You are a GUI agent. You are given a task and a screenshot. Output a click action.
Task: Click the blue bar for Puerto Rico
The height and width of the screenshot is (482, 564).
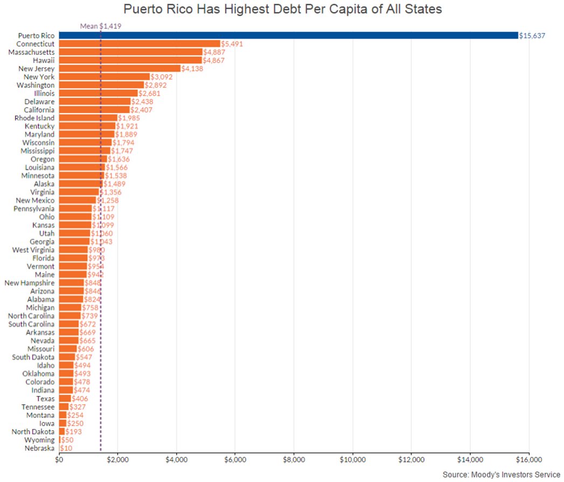tap(288, 35)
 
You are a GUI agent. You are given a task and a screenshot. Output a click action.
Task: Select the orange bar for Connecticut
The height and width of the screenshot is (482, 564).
tap(140, 44)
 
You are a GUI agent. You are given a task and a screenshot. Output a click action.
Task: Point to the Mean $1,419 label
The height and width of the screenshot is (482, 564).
tap(100, 25)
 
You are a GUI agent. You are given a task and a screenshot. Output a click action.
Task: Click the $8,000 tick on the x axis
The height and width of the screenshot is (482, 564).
tap(294, 460)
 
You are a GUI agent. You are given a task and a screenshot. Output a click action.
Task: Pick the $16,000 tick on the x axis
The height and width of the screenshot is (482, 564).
tap(528, 460)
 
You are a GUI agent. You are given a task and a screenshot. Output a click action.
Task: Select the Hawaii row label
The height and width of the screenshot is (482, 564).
tap(43, 60)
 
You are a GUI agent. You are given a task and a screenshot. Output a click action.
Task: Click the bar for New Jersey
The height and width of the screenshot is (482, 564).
tap(120, 68)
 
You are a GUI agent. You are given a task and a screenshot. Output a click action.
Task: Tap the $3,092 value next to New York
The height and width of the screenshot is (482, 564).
tap(163, 77)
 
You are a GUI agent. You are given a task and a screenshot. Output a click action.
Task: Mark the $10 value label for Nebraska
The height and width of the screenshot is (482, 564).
tap(66, 449)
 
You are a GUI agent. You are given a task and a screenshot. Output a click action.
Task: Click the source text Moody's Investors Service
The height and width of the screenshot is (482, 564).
tap(502, 474)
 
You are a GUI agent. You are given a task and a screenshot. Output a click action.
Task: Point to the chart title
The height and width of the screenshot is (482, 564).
tap(282, 9)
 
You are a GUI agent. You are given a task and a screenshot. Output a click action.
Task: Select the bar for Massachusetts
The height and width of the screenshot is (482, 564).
tap(130, 52)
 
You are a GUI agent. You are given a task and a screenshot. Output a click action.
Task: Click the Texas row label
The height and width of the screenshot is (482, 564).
tap(45, 399)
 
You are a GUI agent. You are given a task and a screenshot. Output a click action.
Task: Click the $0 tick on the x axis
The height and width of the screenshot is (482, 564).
tap(59, 460)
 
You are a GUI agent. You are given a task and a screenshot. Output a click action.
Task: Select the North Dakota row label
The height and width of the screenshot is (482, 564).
tap(33, 432)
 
